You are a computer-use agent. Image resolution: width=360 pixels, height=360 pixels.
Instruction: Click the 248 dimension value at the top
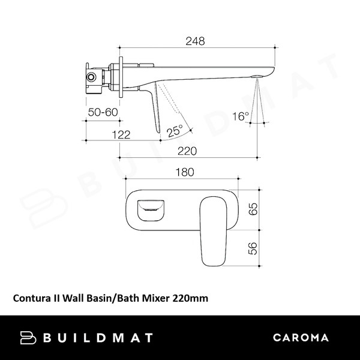click(195, 41)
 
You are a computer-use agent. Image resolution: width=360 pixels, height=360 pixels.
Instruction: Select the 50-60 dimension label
click(103, 112)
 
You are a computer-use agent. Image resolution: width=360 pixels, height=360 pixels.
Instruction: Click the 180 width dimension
click(184, 172)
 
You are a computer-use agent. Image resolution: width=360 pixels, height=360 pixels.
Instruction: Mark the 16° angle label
click(241, 116)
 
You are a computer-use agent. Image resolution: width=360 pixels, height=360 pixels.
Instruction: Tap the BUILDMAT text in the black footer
click(97, 337)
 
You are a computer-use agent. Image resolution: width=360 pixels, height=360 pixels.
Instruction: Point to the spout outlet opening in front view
click(151, 208)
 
